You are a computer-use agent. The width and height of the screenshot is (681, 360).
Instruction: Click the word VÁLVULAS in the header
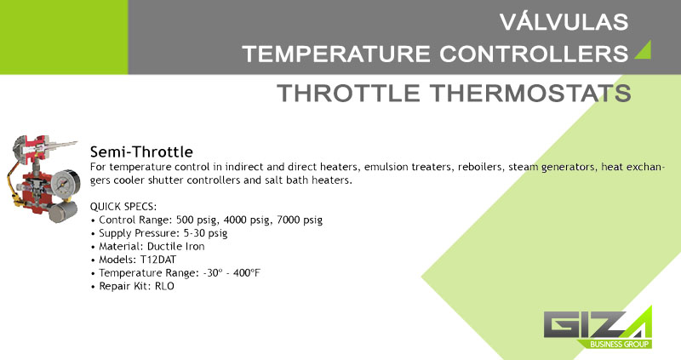(x=564, y=22)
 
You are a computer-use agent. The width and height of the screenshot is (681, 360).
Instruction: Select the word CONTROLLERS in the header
(x=534, y=54)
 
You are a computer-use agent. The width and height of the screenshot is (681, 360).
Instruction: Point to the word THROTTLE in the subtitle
(x=348, y=93)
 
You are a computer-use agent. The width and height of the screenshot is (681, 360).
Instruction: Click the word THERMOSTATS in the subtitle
(x=530, y=93)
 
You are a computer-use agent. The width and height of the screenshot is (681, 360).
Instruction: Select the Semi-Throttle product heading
(x=141, y=152)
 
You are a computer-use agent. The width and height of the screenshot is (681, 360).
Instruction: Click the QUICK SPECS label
(x=123, y=207)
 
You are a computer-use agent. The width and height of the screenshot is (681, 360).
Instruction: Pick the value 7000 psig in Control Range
(x=300, y=220)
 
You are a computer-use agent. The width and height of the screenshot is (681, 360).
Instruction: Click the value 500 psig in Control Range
(x=197, y=220)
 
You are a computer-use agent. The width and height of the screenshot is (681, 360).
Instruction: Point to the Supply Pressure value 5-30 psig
(x=205, y=234)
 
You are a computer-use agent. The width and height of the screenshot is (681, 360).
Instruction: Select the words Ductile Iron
(x=176, y=247)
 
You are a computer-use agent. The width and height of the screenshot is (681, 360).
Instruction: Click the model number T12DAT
(x=158, y=260)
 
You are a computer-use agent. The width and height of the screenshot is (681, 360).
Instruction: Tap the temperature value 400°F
(x=247, y=273)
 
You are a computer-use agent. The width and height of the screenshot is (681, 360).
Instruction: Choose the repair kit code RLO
(x=164, y=287)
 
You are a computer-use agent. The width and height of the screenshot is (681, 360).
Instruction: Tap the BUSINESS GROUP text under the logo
(x=620, y=345)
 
